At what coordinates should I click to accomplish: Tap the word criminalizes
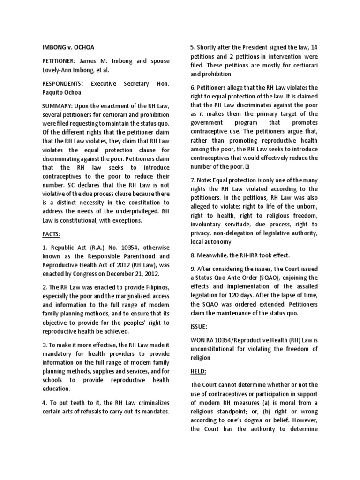pyautogui.click(x=151, y=403)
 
